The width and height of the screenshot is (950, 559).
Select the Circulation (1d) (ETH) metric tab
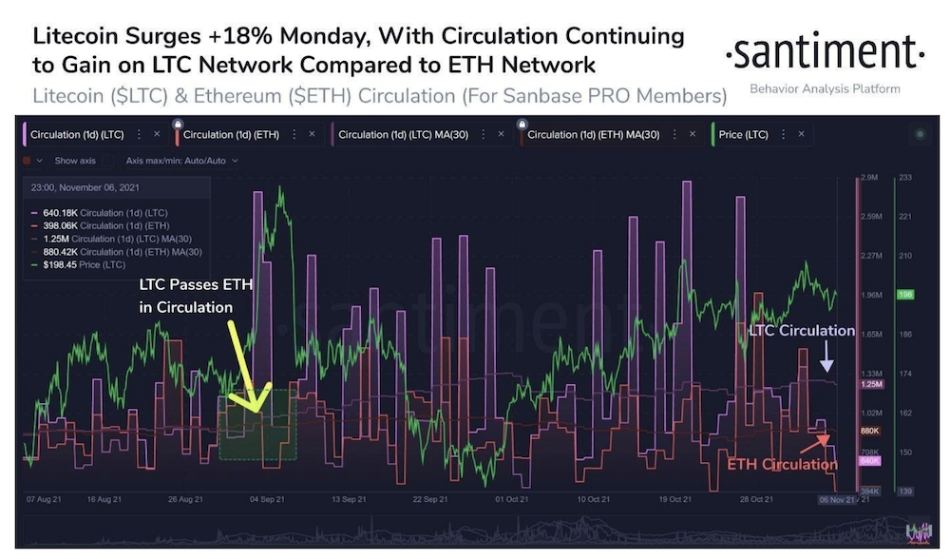click(233, 134)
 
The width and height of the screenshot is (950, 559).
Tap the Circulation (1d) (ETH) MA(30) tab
click(592, 134)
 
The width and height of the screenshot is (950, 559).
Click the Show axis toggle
click(72, 161)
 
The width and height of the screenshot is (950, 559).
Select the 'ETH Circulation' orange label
click(782, 465)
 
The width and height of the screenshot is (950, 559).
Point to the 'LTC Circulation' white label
click(800, 331)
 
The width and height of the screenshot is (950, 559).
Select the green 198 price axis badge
click(904, 295)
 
